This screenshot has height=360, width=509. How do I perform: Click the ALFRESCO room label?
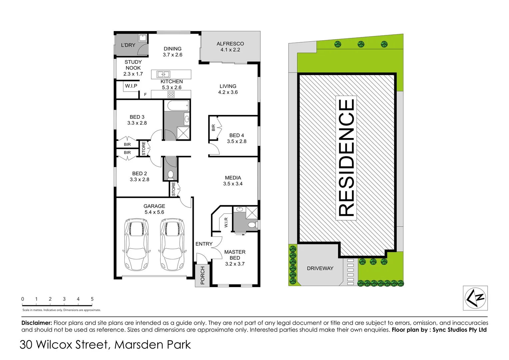click(x=230, y=44)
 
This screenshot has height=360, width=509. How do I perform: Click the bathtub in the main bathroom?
click(x=177, y=106)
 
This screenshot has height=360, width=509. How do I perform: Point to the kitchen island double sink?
click(x=164, y=74)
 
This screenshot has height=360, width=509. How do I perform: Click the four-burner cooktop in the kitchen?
click(x=171, y=94)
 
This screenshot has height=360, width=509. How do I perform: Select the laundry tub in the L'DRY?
click(x=143, y=38)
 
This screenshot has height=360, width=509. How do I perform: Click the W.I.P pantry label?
click(x=131, y=86)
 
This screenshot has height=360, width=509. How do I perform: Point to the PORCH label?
click(x=202, y=276)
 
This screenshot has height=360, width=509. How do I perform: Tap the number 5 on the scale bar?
click(x=92, y=299)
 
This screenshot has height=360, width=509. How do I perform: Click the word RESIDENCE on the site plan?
click(x=346, y=157)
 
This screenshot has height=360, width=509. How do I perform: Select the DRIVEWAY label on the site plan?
click(x=320, y=268)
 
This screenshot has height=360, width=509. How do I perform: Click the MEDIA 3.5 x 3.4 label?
click(x=233, y=181)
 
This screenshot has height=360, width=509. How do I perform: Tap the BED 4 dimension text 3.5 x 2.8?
click(x=237, y=141)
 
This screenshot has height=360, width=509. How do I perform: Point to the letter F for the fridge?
click(x=145, y=95)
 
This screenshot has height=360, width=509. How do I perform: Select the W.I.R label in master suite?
click(x=226, y=222)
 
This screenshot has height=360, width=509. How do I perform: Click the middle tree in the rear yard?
click(x=361, y=44)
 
